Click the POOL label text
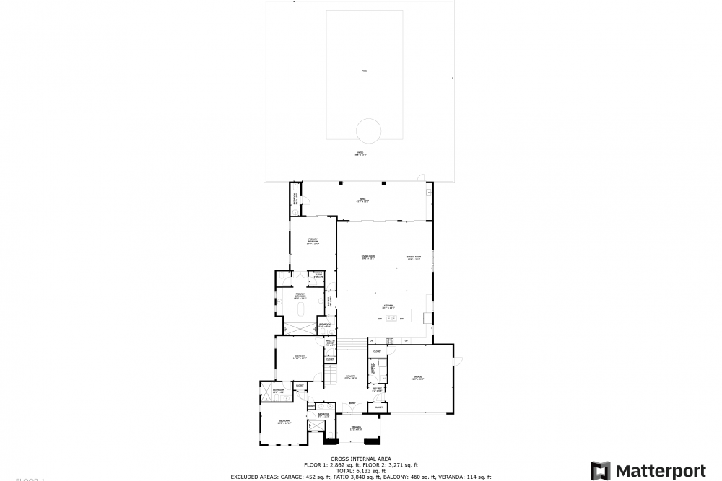point(364,71)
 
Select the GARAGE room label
point(417,377)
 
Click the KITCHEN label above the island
point(388,306)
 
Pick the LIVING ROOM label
point(367,257)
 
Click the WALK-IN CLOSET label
point(330,343)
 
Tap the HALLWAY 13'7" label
point(352,377)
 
